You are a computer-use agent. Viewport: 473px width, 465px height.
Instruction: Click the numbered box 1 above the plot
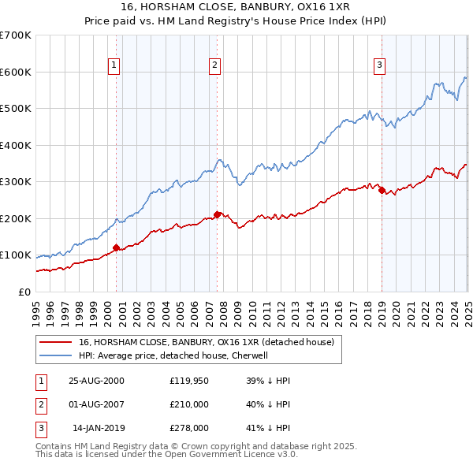pyautogui.click(x=114, y=65)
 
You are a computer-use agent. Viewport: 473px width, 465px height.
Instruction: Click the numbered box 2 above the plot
pyautogui.click(x=214, y=65)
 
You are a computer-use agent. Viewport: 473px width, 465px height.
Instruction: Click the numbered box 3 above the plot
pyautogui.click(x=379, y=65)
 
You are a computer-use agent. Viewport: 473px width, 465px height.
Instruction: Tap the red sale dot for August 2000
pyautogui.click(x=117, y=247)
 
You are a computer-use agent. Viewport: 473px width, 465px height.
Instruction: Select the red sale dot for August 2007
pyautogui.click(x=217, y=214)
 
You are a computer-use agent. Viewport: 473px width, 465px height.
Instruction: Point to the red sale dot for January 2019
pyautogui.click(x=382, y=190)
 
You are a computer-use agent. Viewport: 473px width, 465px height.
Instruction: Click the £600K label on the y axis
pyautogui.click(x=16, y=72)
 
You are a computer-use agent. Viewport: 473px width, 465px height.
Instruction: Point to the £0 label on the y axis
pyautogui.click(x=24, y=292)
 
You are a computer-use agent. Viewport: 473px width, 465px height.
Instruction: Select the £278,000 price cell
pyautogui.click(x=190, y=428)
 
